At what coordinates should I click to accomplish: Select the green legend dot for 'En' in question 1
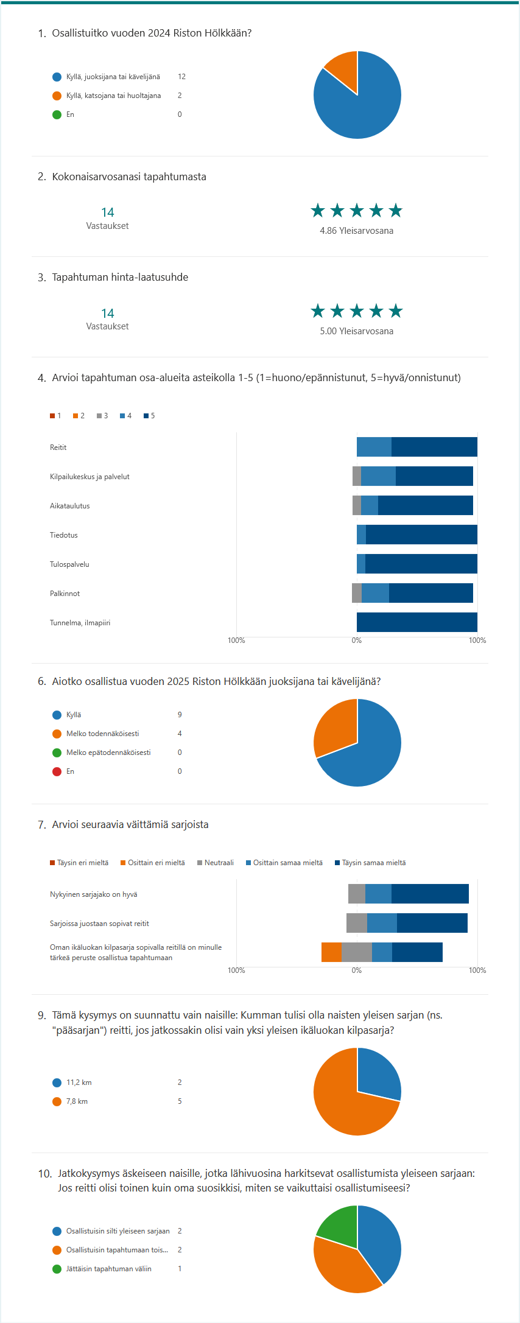pos(57,114)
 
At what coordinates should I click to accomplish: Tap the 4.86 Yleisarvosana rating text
pos(356,231)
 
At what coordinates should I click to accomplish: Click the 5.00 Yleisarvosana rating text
pos(356,331)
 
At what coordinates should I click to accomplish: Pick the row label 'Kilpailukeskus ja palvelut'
pos(90,477)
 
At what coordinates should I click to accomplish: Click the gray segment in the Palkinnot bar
pos(357,593)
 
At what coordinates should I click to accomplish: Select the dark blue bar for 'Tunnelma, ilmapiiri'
pos(416,622)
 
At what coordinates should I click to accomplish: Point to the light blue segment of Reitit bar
pos(374,447)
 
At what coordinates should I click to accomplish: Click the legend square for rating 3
pos(99,416)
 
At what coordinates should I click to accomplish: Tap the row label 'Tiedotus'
pos(64,535)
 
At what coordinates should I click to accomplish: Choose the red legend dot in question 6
pos(57,771)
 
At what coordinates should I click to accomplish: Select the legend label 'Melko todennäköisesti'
pos(102,734)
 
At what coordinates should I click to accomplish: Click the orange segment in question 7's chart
pos(331,952)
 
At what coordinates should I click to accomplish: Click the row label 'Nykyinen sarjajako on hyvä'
pos(94,894)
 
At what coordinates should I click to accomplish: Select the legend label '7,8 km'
pos(77,1101)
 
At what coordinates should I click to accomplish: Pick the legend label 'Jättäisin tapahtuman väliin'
pos(108,1269)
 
